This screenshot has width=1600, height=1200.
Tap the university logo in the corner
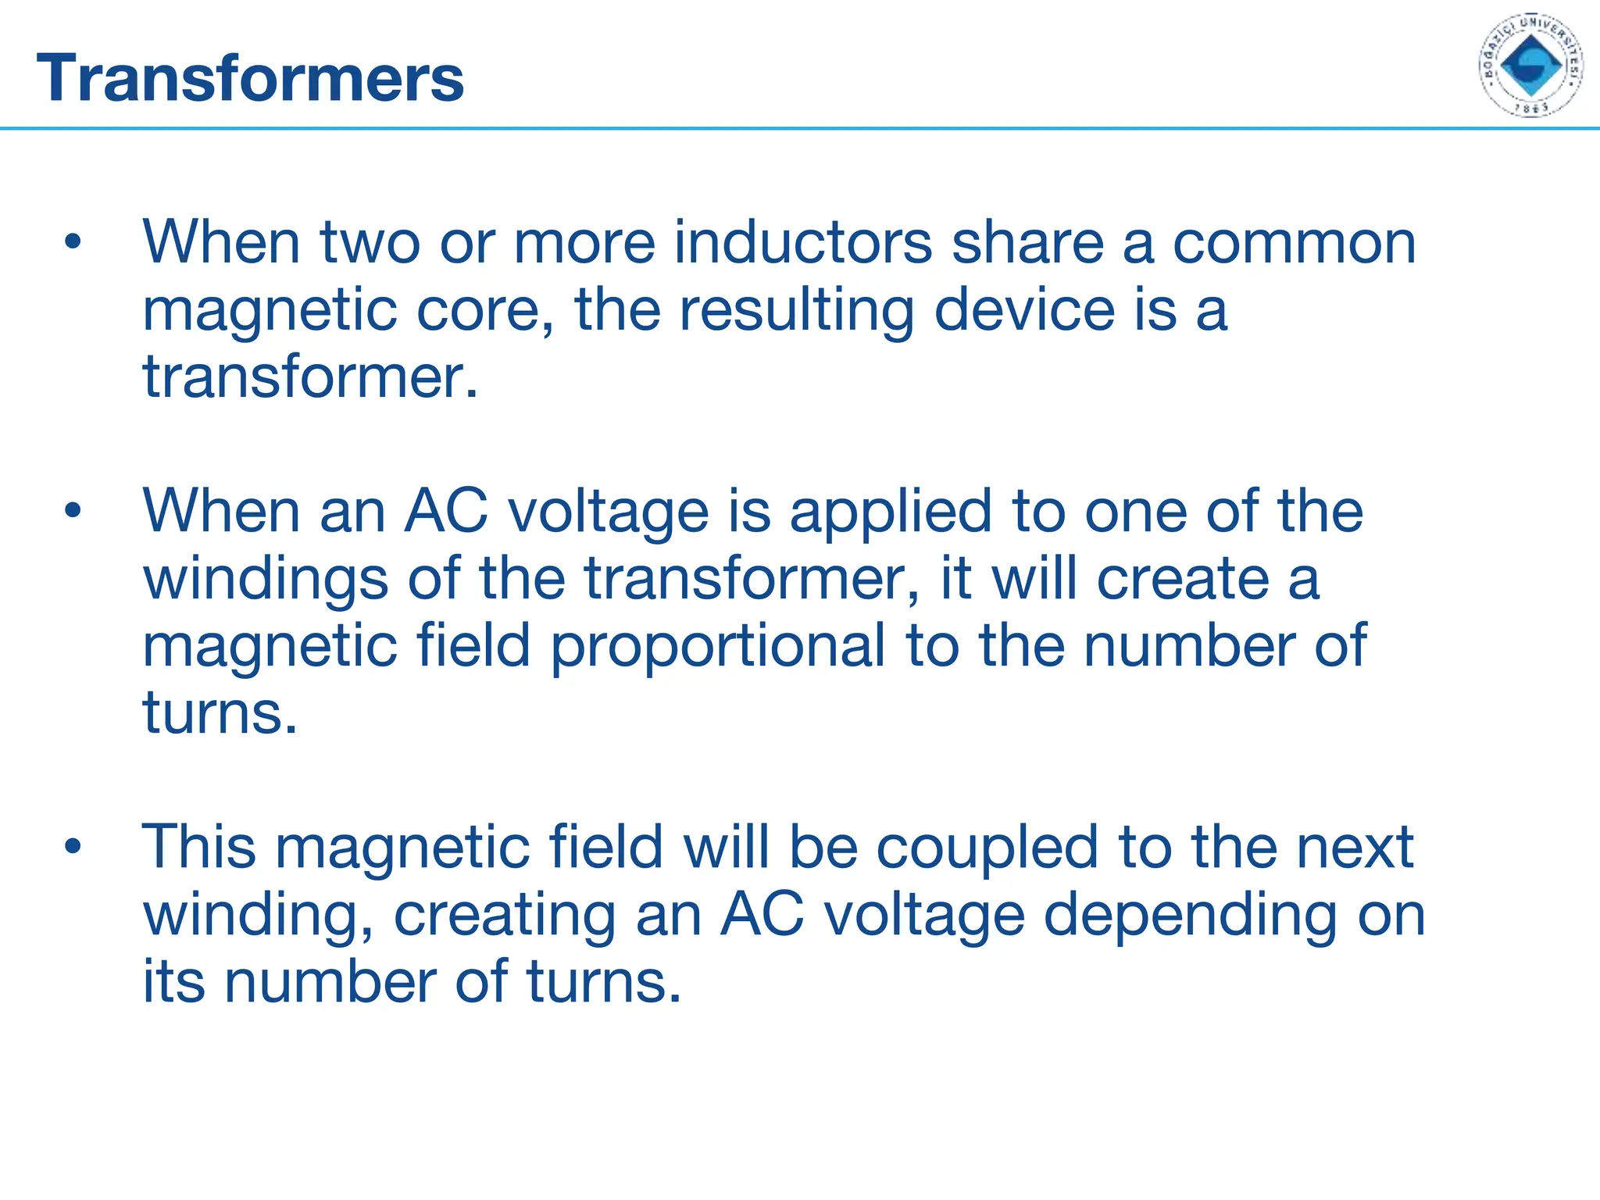coord(1530,66)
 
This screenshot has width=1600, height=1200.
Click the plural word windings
coord(266,580)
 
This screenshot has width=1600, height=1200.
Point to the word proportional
coord(718,648)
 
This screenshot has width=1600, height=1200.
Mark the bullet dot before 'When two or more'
coord(73,242)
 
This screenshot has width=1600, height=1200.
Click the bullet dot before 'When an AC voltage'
coord(73,512)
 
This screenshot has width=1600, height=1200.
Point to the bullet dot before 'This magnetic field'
coord(73,847)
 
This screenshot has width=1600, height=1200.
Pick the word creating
coord(505,916)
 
